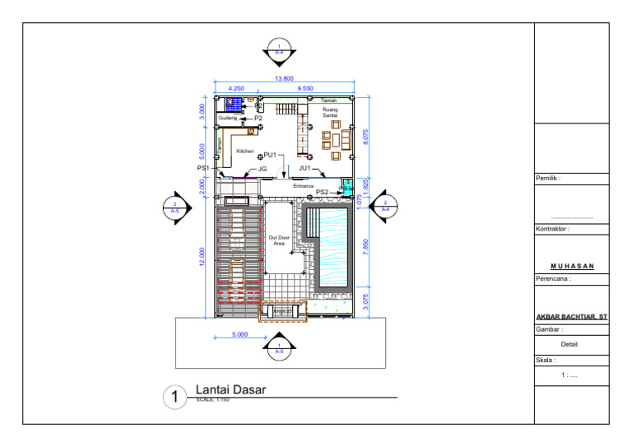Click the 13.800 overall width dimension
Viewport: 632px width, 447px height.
click(283, 78)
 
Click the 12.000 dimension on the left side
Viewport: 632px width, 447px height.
click(201, 256)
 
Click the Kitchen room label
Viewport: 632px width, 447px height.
click(245, 151)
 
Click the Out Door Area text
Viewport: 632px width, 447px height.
click(279, 240)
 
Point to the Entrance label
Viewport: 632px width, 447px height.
click(302, 187)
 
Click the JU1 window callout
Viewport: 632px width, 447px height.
click(305, 168)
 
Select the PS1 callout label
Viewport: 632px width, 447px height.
click(203, 168)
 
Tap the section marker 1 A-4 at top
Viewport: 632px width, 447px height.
click(279, 49)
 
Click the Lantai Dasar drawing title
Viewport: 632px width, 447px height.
click(230, 390)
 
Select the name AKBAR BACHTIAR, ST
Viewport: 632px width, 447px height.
click(571, 316)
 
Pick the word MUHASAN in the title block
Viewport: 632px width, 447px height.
click(571, 266)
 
